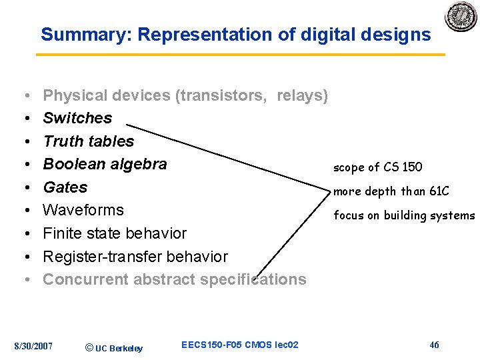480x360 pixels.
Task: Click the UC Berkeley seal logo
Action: tap(461, 16)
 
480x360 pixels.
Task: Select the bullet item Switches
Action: tap(77, 118)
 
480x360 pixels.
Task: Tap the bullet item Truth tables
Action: tap(88, 141)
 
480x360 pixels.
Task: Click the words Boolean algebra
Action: tap(105, 164)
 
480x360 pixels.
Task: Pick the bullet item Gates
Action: tap(65, 187)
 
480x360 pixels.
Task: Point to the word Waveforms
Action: tap(83, 210)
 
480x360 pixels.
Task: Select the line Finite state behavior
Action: tap(115, 233)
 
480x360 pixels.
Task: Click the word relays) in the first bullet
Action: tap(302, 95)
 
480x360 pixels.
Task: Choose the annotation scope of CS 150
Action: tap(377, 167)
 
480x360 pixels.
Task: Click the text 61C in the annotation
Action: tap(439, 191)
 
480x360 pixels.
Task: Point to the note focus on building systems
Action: tap(404, 215)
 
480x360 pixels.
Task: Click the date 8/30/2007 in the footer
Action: tap(33, 345)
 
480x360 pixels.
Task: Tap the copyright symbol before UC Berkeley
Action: tap(89, 347)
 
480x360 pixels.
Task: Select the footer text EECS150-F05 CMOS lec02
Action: tap(239, 345)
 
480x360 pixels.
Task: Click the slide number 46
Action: tap(434, 345)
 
